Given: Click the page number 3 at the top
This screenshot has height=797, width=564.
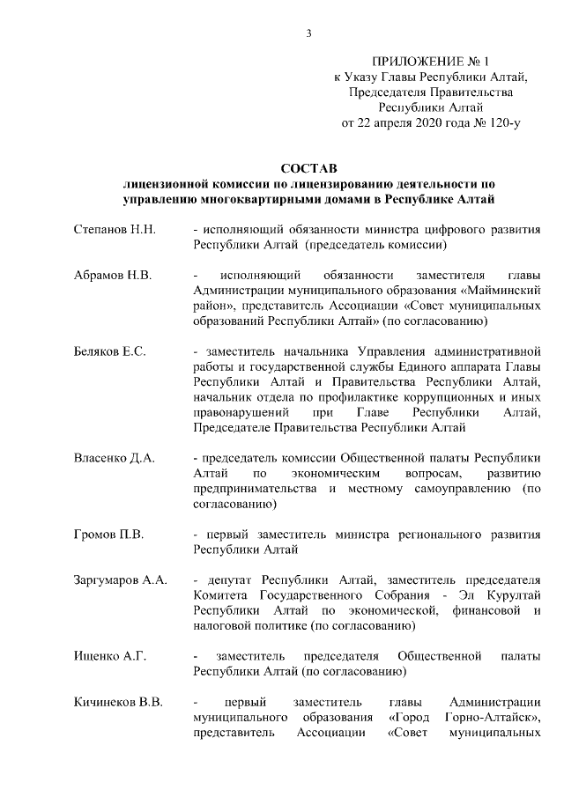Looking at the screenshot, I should [x=308, y=33].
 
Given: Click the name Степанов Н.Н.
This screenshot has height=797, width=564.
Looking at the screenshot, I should [x=115, y=230].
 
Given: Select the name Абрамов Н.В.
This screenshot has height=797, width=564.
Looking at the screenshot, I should [x=113, y=276].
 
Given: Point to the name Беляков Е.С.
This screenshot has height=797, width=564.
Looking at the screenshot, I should [x=109, y=351].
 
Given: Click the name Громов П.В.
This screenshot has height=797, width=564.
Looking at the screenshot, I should [x=108, y=534].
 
